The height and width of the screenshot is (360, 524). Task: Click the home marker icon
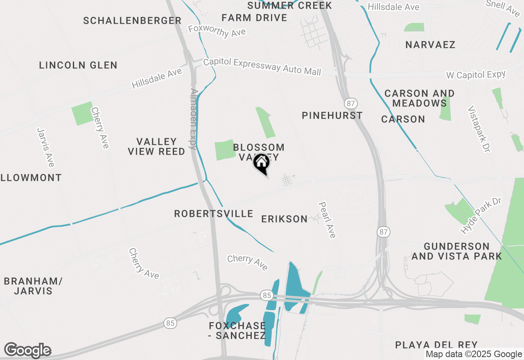(261, 163)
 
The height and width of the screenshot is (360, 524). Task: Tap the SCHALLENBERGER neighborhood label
(132, 20)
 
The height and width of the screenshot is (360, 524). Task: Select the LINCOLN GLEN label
(78, 65)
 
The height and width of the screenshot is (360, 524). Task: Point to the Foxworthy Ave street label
(217, 31)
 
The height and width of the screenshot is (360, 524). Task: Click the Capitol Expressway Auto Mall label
(262, 66)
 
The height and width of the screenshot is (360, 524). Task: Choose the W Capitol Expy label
(475, 75)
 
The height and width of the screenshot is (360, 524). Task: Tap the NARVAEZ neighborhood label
(430, 45)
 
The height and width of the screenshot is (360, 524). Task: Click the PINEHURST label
(332, 115)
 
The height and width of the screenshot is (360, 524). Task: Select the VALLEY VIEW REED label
(156, 146)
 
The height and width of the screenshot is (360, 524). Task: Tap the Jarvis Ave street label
(45, 147)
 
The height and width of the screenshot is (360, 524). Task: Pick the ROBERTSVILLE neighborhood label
(214, 214)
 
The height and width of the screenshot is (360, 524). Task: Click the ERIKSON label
(285, 219)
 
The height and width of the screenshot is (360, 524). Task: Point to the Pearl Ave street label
(327, 220)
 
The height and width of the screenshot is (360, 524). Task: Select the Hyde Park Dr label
(481, 216)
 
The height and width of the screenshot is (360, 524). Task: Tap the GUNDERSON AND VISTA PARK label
(456, 251)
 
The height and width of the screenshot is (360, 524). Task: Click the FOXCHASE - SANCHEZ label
(237, 331)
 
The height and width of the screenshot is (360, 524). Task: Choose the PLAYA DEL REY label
(436, 345)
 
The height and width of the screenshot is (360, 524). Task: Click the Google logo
(27, 351)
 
